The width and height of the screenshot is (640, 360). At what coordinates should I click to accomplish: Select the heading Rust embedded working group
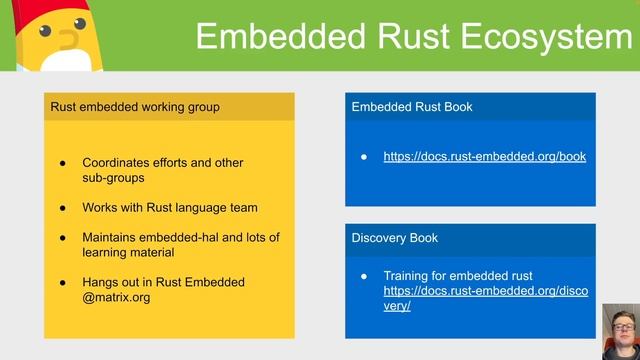(135, 107)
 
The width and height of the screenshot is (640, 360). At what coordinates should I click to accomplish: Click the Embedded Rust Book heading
(412, 107)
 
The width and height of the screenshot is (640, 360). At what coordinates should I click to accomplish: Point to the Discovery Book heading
(395, 238)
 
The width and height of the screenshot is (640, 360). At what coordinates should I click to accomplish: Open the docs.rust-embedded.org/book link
(484, 156)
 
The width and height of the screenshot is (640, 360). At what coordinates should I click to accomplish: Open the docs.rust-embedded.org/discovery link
(485, 291)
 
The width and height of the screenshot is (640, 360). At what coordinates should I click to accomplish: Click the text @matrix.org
(116, 297)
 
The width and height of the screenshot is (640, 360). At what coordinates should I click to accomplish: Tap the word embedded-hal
(206, 237)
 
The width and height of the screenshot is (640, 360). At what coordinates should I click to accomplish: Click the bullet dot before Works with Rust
(62, 208)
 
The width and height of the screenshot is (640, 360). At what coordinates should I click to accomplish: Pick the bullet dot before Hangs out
(62, 282)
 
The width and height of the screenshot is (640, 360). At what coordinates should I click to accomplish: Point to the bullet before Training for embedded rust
(365, 275)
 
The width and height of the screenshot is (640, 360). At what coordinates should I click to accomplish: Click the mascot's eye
(45, 32)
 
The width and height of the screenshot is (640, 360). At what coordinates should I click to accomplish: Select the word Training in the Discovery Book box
(408, 275)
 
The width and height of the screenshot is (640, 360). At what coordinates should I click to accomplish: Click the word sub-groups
(113, 177)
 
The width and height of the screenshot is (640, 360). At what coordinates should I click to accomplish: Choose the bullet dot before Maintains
(62, 237)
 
